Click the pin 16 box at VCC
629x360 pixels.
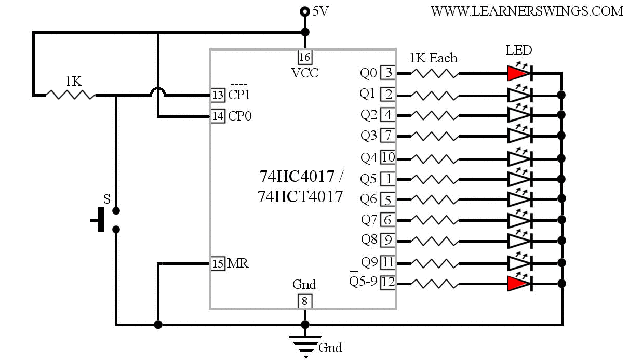pyautogui.click(x=305, y=57)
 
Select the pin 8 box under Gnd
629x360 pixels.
pyautogui.click(x=305, y=300)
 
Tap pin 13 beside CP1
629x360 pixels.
pyautogui.click(x=218, y=95)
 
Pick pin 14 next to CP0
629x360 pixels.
pyautogui.click(x=218, y=116)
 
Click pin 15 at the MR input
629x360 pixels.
pyautogui.click(x=218, y=263)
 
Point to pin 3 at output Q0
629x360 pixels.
pyautogui.click(x=387, y=73)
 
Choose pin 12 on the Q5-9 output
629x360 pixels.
pyautogui.click(x=387, y=283)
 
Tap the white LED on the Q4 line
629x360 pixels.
pyautogui.click(x=519, y=157)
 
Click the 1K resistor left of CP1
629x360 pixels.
pyautogui.click(x=71, y=95)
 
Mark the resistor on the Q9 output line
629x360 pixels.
pyautogui.click(x=435, y=262)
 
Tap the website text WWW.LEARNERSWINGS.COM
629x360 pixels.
pyautogui.click(x=527, y=11)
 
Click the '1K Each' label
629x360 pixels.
pyautogui.click(x=433, y=58)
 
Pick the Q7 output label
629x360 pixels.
pyautogui.click(x=369, y=220)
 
